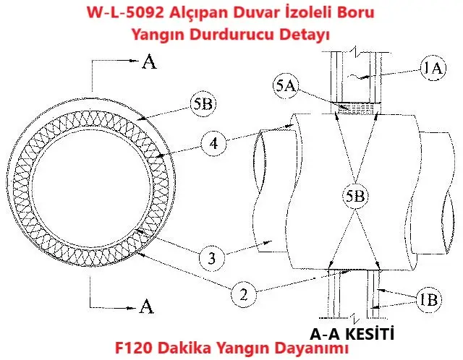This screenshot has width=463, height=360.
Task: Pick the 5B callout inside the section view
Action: pyautogui.click(x=353, y=195)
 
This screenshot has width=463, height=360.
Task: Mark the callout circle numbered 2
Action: pyautogui.click(x=244, y=295)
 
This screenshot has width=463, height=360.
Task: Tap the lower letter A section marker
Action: pyautogui.click(x=148, y=307)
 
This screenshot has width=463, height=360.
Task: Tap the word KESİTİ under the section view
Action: pyautogui.click(x=366, y=334)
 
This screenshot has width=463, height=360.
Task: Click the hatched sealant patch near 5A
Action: pyautogui.click(x=358, y=108)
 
